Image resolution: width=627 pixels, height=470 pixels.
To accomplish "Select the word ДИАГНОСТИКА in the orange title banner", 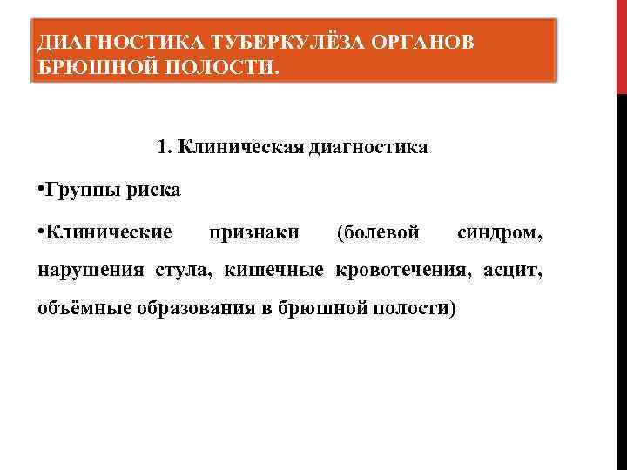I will click(118, 43).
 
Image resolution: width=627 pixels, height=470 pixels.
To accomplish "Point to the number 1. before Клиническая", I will click(165, 146).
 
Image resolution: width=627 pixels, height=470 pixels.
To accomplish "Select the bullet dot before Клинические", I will click(41, 231).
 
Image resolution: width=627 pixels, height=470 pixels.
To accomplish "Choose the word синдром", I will click(501, 232).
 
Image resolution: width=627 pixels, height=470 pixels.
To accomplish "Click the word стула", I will click(184, 271).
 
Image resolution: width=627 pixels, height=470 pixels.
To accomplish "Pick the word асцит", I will click(509, 271).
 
